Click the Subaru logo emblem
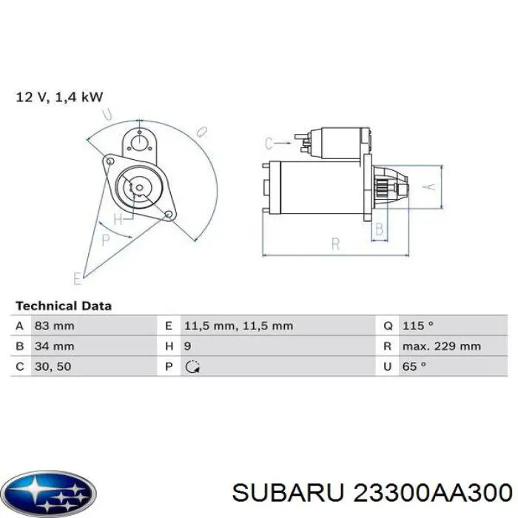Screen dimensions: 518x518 (49, 491)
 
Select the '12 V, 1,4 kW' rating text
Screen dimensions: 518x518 (59, 97)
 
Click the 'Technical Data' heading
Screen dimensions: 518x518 (64, 305)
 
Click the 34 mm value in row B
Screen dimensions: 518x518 (54, 346)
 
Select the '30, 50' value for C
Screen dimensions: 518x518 (53, 366)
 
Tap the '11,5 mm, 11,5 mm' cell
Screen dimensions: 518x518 (238, 326)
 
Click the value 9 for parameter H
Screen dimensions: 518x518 (188, 346)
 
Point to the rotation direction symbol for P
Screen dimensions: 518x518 (192, 366)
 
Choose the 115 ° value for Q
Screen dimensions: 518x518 (419, 326)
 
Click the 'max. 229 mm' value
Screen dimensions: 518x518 (442, 346)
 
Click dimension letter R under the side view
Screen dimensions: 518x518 (335, 243)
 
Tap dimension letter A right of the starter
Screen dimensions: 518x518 (425, 188)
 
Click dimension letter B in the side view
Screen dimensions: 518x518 (380, 230)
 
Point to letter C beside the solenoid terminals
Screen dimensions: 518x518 (269, 143)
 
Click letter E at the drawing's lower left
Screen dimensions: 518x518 (77, 278)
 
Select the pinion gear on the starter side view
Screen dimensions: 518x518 (383, 189)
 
